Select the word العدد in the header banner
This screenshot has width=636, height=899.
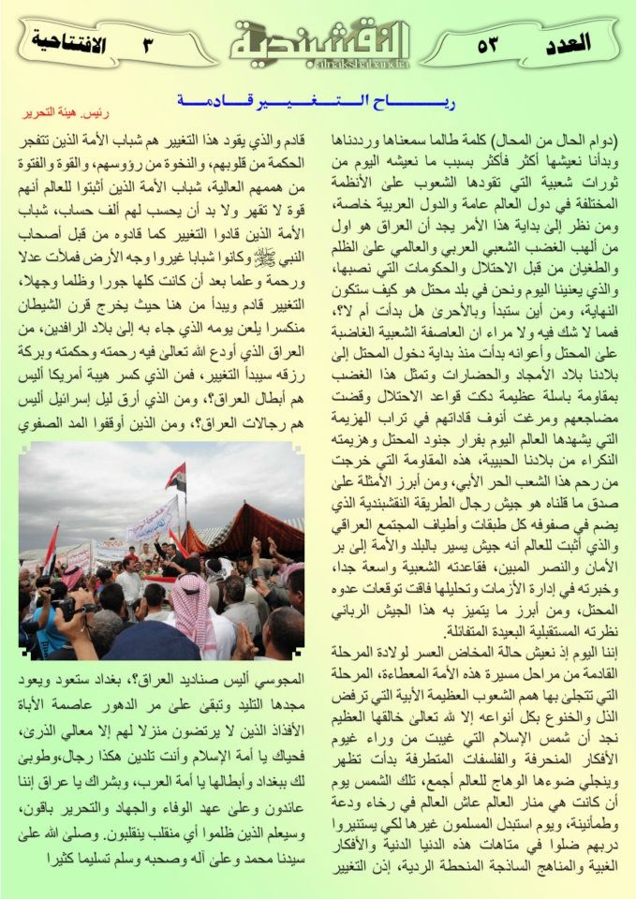pyautogui.click(x=566, y=44)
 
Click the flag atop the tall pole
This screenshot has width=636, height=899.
pyautogui.click(x=175, y=477)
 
